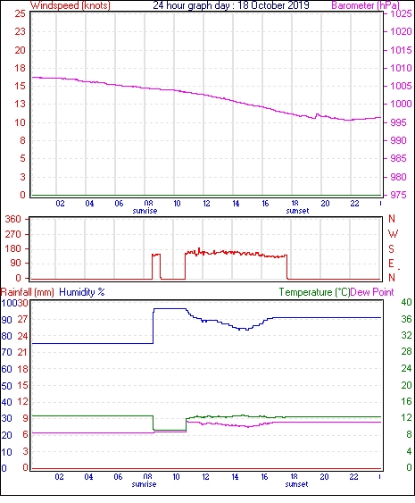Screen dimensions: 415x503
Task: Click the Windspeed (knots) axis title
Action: [71, 5]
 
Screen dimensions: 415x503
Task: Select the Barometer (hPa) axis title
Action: [365, 5]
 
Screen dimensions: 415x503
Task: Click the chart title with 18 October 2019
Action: [231, 5]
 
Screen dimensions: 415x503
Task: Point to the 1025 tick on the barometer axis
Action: [401, 13]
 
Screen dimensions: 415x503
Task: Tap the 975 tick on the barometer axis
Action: [397, 195]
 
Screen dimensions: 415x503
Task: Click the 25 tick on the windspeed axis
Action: [21, 13]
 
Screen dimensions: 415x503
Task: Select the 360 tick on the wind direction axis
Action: [13, 220]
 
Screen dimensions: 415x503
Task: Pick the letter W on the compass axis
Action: [393, 234]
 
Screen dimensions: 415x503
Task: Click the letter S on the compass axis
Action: [391, 248]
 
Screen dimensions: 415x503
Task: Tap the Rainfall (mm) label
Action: [28, 292]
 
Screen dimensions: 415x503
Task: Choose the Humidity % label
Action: [82, 292]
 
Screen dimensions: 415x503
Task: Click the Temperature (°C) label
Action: [314, 292]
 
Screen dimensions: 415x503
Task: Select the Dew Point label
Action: [372, 292]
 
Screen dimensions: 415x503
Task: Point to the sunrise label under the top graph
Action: [145, 211]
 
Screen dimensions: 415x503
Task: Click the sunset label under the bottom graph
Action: [296, 484]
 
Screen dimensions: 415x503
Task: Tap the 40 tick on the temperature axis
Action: [406, 302]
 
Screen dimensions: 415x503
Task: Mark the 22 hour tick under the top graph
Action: [354, 204]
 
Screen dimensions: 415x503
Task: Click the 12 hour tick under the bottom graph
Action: [205, 477]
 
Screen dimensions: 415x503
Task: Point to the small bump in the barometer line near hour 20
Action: [317, 115]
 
